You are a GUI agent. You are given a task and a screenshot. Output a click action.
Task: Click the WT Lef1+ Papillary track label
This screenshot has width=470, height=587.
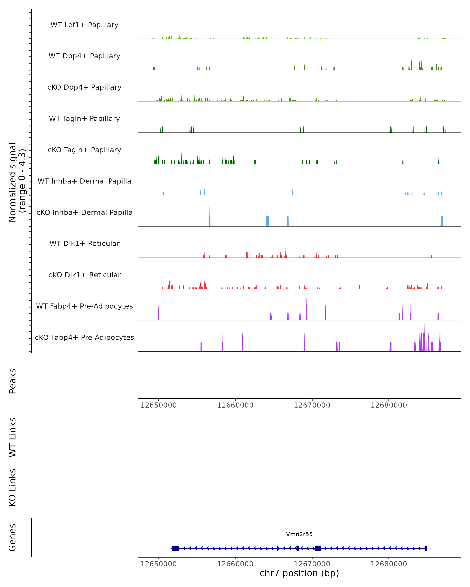[84, 25]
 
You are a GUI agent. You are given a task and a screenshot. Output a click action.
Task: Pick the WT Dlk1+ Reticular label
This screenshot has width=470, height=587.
[84, 243]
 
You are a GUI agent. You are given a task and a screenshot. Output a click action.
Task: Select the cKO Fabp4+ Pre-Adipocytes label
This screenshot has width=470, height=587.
[84, 337]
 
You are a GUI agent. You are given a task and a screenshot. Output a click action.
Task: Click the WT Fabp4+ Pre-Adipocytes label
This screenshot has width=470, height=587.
[84, 306]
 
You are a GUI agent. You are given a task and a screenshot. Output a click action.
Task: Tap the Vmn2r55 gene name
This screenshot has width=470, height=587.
[299, 534]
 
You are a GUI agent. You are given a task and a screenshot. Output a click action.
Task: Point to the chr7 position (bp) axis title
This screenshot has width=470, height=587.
[299, 573]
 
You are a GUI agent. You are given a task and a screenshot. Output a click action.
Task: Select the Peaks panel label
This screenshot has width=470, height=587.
[13, 381]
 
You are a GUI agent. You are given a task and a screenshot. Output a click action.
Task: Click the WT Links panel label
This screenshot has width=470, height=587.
[13, 437]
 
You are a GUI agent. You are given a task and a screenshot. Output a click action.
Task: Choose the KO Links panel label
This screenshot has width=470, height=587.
[13, 487]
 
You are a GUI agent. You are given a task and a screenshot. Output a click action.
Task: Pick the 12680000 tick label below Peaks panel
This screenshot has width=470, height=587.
[389, 405]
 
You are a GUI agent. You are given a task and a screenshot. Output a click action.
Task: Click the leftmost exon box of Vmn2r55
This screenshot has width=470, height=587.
[175, 548]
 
